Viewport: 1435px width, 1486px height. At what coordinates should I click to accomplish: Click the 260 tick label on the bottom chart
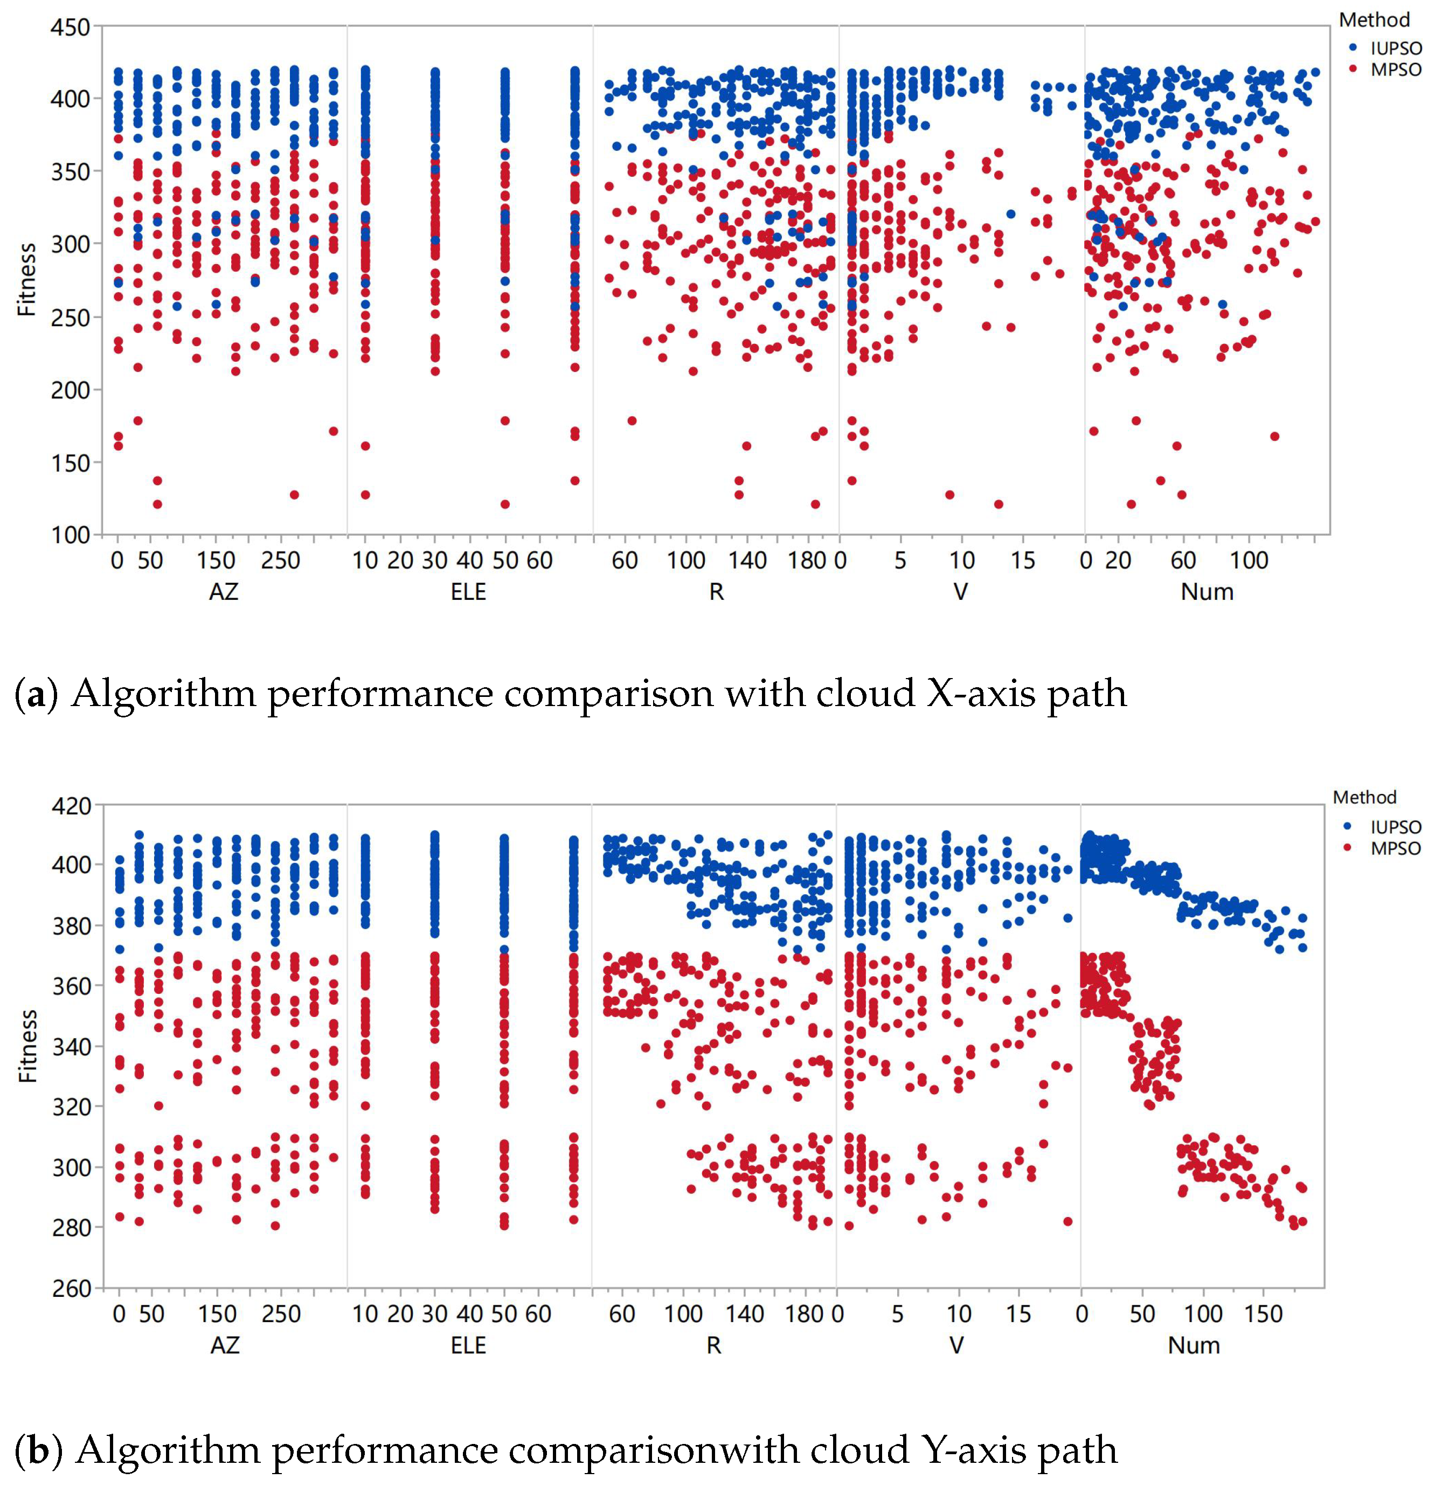(x=71, y=1288)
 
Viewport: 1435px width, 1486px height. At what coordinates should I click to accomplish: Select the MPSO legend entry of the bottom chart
(x=1395, y=848)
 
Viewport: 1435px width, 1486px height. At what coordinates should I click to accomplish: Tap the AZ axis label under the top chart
(x=224, y=591)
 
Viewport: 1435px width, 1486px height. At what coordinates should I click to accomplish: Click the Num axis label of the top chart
(x=1207, y=591)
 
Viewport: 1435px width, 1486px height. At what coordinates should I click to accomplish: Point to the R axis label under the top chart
(x=716, y=591)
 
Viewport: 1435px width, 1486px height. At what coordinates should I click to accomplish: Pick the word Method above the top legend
(x=1374, y=20)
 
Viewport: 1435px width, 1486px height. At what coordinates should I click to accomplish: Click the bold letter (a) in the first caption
(x=35, y=694)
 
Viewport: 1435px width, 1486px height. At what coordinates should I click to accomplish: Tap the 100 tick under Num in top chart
(x=1249, y=561)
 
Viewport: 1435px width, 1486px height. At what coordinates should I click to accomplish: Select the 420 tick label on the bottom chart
(x=71, y=806)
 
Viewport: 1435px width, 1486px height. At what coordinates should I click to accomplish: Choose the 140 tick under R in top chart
(x=747, y=561)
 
